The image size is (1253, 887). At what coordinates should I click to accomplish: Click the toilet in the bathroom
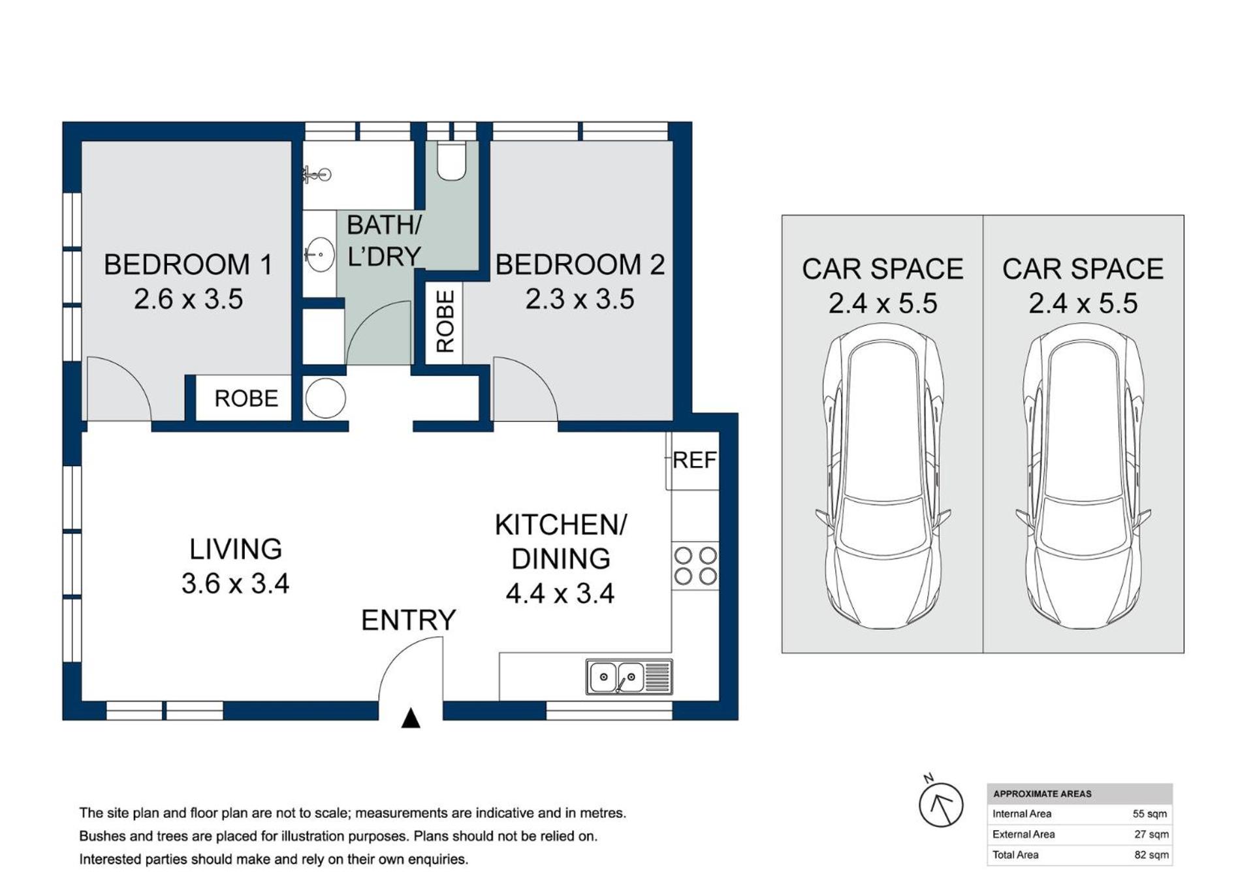pyautogui.click(x=451, y=161)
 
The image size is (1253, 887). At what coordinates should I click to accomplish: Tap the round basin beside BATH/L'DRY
pyautogui.click(x=320, y=254)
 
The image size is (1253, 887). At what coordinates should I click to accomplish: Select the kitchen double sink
pyautogui.click(x=629, y=677)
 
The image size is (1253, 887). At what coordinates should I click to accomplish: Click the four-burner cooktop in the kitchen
pyautogui.click(x=695, y=566)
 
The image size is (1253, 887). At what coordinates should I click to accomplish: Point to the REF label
pyautogui.click(x=694, y=460)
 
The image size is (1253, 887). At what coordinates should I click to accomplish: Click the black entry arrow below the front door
pyautogui.click(x=410, y=718)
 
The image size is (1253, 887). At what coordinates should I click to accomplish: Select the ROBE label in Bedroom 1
pyautogui.click(x=246, y=398)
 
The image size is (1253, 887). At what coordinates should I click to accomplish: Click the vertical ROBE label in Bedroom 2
pyautogui.click(x=445, y=322)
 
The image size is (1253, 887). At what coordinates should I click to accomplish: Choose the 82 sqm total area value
pyautogui.click(x=1151, y=855)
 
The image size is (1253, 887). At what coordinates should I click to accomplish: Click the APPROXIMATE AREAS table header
pyautogui.click(x=1042, y=794)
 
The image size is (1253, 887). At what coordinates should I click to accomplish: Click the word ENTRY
pyautogui.click(x=408, y=620)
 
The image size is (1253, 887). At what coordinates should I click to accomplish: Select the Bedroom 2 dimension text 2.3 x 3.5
pyautogui.click(x=580, y=300)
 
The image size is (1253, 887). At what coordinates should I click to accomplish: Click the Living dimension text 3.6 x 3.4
pyautogui.click(x=235, y=584)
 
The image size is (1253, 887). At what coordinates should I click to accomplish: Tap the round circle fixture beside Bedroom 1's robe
pyautogui.click(x=325, y=398)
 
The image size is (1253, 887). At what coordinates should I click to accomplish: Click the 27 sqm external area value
pyautogui.click(x=1151, y=834)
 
